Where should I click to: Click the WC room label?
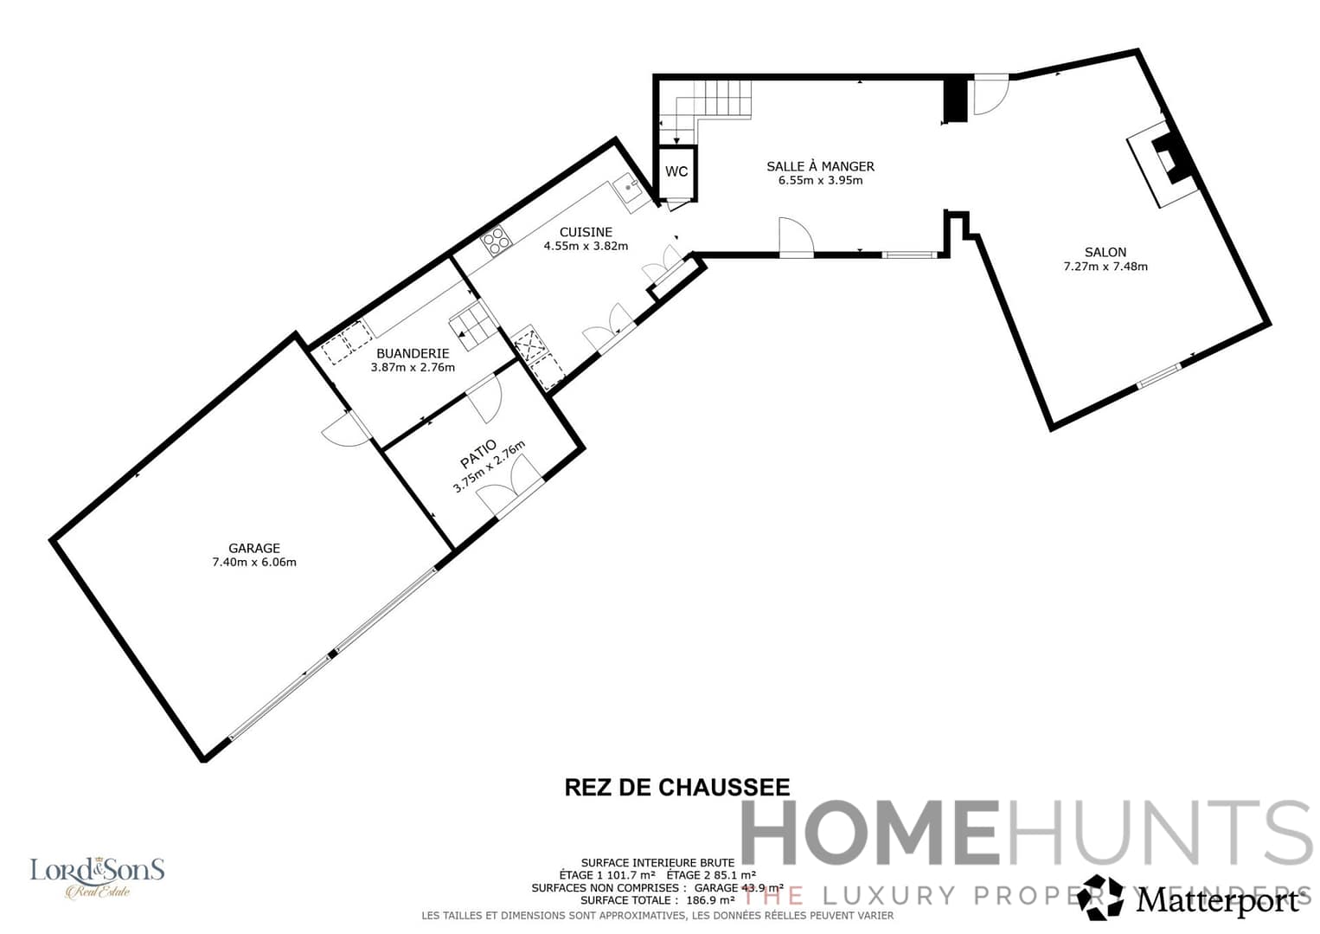point(676,171)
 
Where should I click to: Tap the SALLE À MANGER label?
point(820,166)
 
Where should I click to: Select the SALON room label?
point(1105,252)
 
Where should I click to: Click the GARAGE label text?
point(254,548)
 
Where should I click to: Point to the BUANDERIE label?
point(413,353)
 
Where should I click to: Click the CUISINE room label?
point(586,232)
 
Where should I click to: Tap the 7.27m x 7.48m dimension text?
point(1105,267)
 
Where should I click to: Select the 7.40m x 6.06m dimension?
point(254,563)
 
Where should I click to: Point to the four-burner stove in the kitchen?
point(497,242)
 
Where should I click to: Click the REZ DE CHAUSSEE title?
point(677,787)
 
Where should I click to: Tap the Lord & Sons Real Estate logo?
point(97,876)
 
